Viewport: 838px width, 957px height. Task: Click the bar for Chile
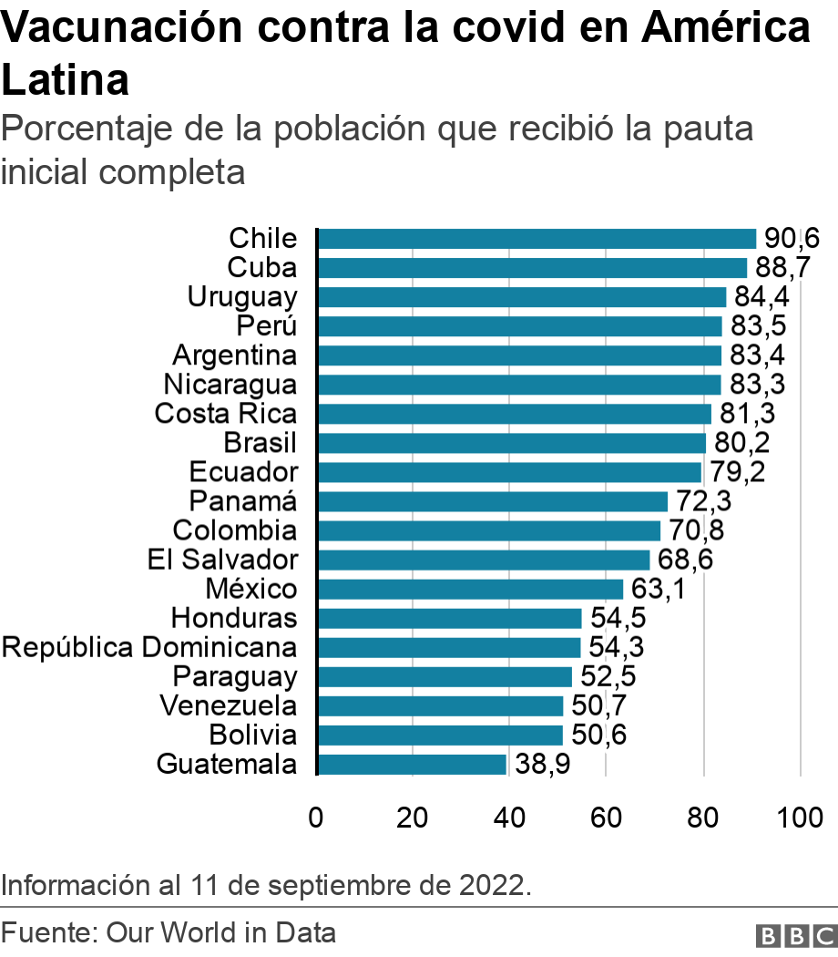pyautogui.click(x=537, y=239)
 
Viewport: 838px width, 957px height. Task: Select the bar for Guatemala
pyautogui.click(x=412, y=764)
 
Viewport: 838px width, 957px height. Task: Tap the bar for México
pyautogui.click(x=470, y=589)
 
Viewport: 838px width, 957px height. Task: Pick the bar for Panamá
pyautogui.click(x=492, y=501)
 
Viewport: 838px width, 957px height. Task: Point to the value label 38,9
pyautogui.click(x=543, y=764)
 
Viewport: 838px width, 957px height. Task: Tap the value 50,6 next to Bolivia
pyautogui.click(x=598, y=735)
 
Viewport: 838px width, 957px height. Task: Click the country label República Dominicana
pyautogui.click(x=149, y=647)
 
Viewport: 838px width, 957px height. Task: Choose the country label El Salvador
pyautogui.click(x=222, y=560)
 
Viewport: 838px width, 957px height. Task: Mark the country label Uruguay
pyautogui.click(x=242, y=297)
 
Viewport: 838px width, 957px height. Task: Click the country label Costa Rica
pyautogui.click(x=226, y=414)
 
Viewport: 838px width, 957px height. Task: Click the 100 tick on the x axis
pyautogui.click(x=800, y=817)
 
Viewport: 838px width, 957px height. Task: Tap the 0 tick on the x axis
pyautogui.click(x=316, y=817)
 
